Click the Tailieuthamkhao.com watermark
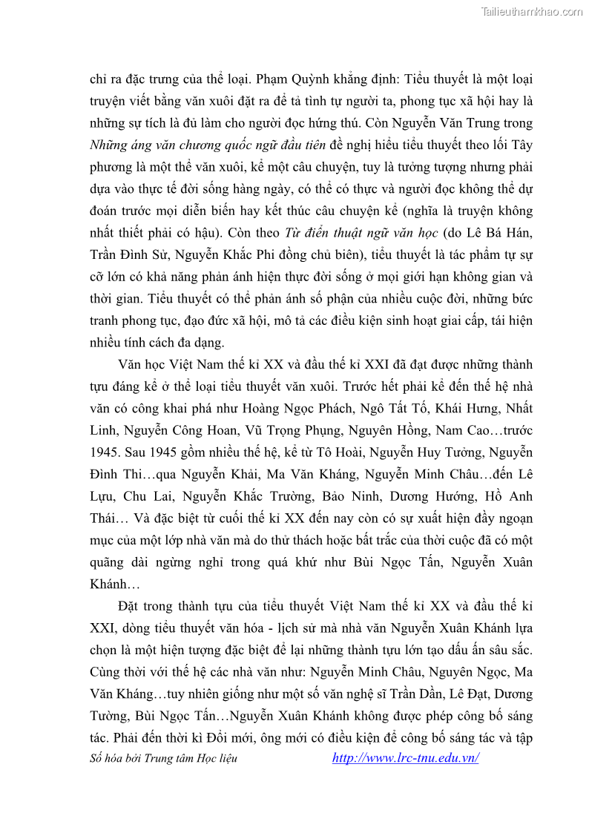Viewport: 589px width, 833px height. click(x=532, y=11)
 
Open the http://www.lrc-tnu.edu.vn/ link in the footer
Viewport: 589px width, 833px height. click(x=405, y=757)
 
